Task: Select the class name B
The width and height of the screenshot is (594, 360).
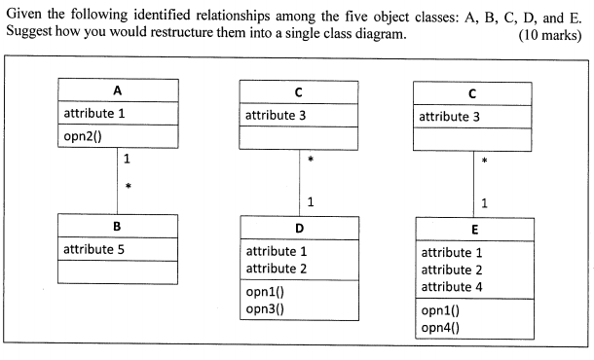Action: click(118, 227)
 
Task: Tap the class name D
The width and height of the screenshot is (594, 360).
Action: click(299, 228)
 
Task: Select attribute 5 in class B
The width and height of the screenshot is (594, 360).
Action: click(93, 249)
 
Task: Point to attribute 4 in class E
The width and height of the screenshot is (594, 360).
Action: click(452, 287)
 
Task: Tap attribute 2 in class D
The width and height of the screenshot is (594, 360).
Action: click(277, 268)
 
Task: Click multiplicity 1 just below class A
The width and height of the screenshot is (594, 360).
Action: click(128, 159)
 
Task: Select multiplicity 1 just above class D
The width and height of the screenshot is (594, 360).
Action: click(310, 202)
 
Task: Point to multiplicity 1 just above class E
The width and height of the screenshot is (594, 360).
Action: click(484, 203)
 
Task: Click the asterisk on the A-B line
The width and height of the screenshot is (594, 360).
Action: click(128, 185)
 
